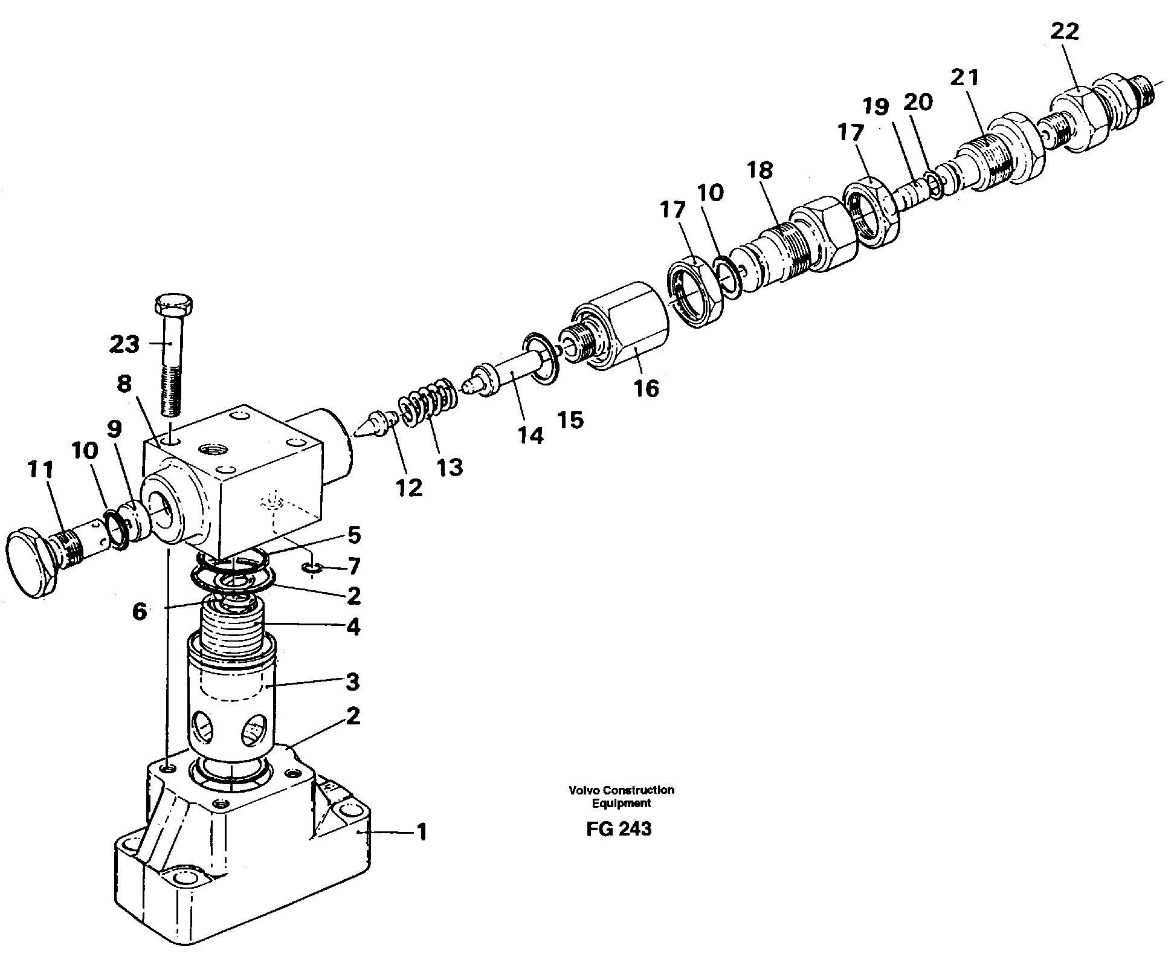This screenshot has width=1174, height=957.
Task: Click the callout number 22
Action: pos(1064,31)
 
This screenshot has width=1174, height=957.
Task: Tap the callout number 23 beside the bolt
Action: pos(124,344)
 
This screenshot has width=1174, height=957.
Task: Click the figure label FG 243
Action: pos(618,829)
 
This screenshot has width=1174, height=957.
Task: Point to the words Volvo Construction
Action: pos(621,790)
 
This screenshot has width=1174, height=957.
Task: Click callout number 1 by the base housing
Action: pos(422,833)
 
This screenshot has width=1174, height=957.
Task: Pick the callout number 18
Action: pos(760,171)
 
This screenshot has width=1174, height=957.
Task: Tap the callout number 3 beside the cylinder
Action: pos(352,683)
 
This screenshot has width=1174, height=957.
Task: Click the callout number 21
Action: pos(964,77)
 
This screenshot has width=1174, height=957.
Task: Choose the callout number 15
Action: pos(570,419)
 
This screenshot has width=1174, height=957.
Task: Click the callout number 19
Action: pos(876,108)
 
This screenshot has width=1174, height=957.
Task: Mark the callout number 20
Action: pos(918,103)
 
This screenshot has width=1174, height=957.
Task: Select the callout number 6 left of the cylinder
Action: pos(139,612)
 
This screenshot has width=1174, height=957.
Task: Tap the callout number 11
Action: pos(40,469)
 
